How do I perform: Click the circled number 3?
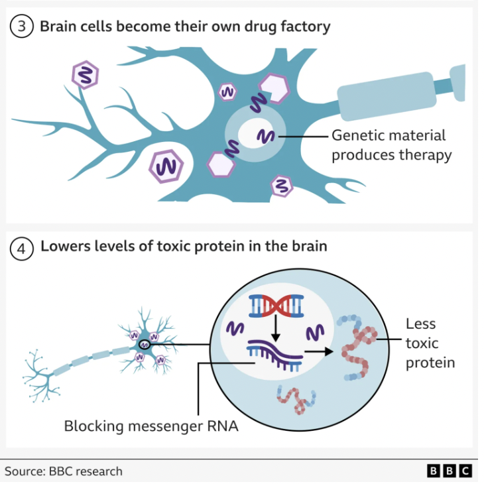[x=21, y=27]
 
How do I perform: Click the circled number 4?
[x=21, y=247]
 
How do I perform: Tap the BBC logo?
[x=450, y=471]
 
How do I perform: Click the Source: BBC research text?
[x=64, y=471]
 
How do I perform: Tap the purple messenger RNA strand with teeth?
[x=274, y=352]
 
